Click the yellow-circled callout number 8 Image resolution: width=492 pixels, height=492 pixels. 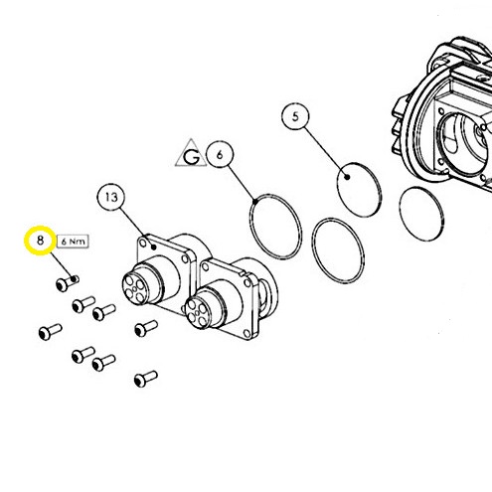[x=40, y=241]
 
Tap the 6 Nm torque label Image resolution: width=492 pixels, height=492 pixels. [x=73, y=242]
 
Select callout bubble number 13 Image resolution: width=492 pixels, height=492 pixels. [x=111, y=198]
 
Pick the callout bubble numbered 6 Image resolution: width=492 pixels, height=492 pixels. [x=220, y=154]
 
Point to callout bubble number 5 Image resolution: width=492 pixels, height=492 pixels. [x=295, y=116]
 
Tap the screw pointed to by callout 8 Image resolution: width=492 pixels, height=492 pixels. [x=68, y=283]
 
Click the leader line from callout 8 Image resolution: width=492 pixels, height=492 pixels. [x=62, y=266]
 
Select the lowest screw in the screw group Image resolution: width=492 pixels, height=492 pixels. [x=146, y=379]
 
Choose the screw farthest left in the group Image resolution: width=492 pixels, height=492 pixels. [x=51, y=332]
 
